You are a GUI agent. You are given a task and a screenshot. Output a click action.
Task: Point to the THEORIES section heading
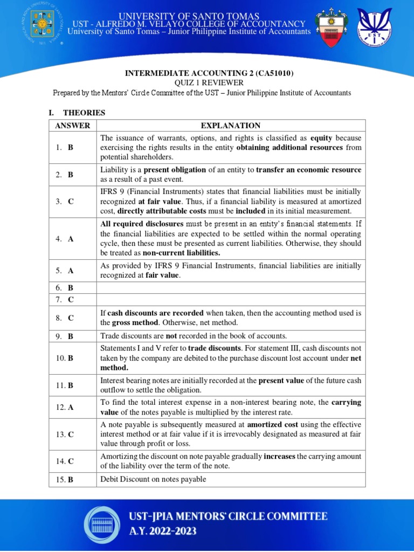84,113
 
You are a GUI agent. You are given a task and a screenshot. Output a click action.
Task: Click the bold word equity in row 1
321,138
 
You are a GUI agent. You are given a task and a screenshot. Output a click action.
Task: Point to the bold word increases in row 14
280,456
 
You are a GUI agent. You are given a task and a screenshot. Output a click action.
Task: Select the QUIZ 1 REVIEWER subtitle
208,82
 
